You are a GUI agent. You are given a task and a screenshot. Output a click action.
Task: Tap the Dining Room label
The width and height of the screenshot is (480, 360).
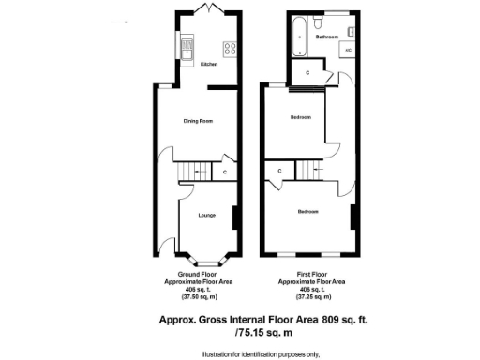[197, 121]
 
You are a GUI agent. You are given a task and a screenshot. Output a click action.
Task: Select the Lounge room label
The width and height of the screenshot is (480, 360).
[207, 215]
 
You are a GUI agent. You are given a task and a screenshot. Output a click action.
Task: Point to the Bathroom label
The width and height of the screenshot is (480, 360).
[326, 37]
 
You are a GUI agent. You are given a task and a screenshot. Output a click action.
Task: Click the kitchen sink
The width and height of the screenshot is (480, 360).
[186, 44]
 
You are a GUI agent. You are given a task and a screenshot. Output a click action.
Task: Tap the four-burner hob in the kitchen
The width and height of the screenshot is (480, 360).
[228, 46]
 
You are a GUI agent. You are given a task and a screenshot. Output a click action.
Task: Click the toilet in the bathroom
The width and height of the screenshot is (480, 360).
[319, 20]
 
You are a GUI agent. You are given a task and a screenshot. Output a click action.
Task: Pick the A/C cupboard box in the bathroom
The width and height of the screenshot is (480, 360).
[348, 47]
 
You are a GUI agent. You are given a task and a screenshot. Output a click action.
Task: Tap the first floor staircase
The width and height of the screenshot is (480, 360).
[310, 171]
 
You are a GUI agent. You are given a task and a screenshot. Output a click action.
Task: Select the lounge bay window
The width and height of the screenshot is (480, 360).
[206, 259]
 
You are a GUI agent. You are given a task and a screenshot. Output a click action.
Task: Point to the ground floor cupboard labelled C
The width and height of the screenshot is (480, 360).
[225, 172]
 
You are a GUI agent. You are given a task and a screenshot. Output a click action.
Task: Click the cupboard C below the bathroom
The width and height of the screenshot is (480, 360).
[307, 71]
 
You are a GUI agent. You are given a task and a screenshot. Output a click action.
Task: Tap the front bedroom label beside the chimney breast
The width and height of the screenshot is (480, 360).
[307, 212]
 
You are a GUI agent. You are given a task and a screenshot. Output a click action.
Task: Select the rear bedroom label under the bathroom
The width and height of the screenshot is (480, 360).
[300, 117]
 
